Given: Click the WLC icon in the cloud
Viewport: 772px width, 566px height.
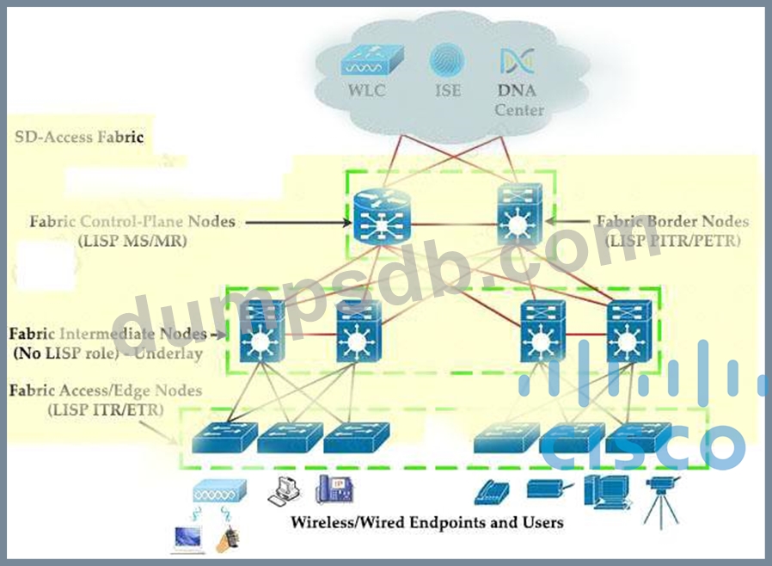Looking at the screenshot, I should (367, 63).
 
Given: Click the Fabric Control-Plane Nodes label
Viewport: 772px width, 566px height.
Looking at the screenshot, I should (132, 222).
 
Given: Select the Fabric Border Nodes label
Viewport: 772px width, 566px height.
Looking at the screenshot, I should (672, 222).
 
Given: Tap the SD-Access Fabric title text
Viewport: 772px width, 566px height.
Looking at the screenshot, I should (79, 137).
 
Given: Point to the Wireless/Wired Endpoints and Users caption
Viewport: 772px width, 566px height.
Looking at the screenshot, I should (426, 522).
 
